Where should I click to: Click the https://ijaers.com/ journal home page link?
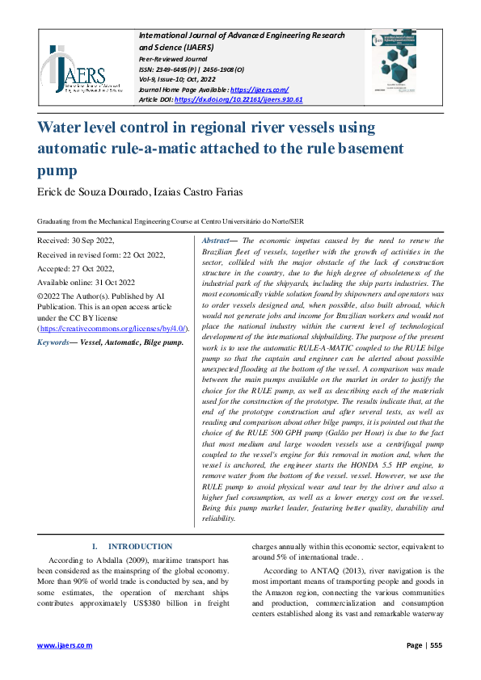259,89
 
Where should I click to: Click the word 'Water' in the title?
65,128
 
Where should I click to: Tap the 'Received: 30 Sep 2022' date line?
76,241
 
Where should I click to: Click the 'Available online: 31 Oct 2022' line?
87,282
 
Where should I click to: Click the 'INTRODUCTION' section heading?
140,547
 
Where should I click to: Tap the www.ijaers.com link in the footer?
65,646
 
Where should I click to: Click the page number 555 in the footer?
436,646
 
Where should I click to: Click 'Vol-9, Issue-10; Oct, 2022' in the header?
185,80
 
